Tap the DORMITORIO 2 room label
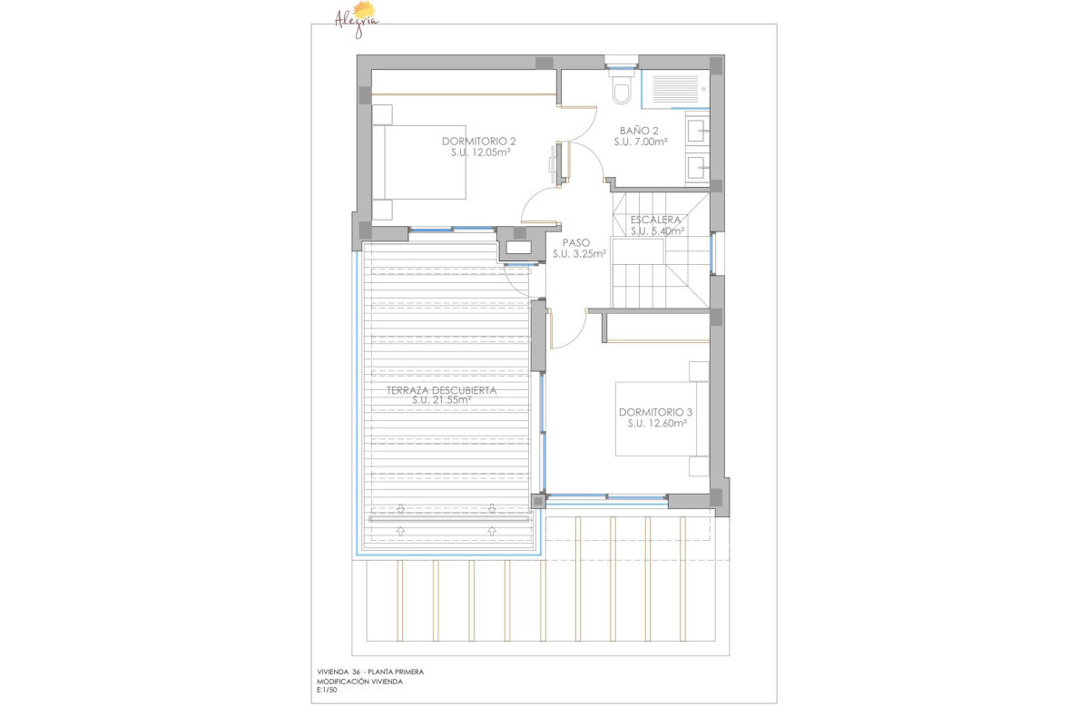[x=479, y=141]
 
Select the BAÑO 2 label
[x=639, y=130]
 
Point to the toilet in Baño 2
[x=622, y=92]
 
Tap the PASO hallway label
[x=576, y=242]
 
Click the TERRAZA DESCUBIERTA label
[x=441, y=390]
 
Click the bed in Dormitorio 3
[x=661, y=418]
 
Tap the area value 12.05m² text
[x=491, y=152]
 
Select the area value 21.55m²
[x=452, y=400]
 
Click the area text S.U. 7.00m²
[x=640, y=142]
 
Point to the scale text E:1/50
[x=327, y=691]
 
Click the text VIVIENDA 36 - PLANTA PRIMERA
[x=369, y=672]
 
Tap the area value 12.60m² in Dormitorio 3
[x=666, y=423]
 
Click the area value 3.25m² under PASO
[x=588, y=254]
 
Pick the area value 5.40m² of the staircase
[x=667, y=231]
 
